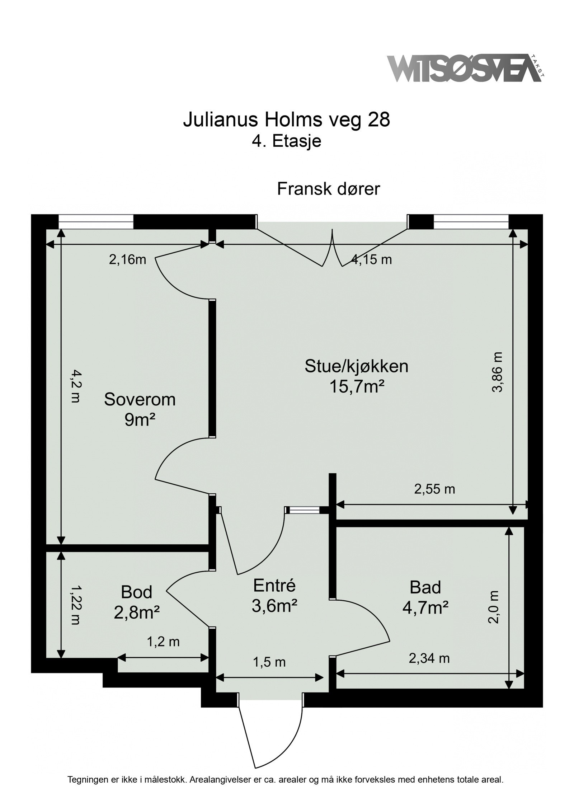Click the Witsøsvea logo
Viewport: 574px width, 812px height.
click(x=466, y=68)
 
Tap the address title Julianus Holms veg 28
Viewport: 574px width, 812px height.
click(x=287, y=120)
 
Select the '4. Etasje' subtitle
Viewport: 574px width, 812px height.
click(x=286, y=141)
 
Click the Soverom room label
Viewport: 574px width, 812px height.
click(x=140, y=399)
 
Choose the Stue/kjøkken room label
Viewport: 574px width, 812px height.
click(x=357, y=366)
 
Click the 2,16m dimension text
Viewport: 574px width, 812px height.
click(x=128, y=259)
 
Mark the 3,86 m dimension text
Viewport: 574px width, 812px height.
click(x=498, y=372)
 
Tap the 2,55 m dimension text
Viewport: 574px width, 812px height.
click(x=434, y=489)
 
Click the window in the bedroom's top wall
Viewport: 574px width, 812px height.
click(x=96, y=221)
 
